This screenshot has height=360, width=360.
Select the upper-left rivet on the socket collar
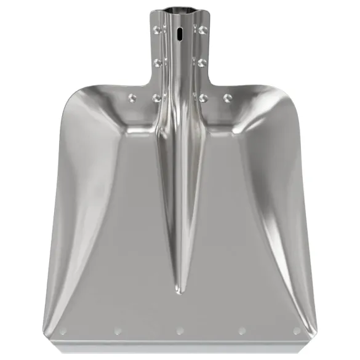pos(156,29)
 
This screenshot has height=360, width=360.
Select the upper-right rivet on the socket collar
pos(202,29)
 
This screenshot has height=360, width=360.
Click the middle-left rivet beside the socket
pos(156,62)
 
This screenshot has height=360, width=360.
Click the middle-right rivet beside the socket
pos(202,62)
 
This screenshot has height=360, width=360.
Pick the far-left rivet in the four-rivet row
pos(132,97)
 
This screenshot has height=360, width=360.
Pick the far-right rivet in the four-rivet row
pos(227,97)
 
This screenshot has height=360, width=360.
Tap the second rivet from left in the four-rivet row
pos(156,97)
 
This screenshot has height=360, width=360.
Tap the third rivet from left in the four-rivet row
pos(202,97)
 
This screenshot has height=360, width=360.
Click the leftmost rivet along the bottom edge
pos(63,332)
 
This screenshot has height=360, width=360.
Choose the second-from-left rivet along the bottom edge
pos(118,332)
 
